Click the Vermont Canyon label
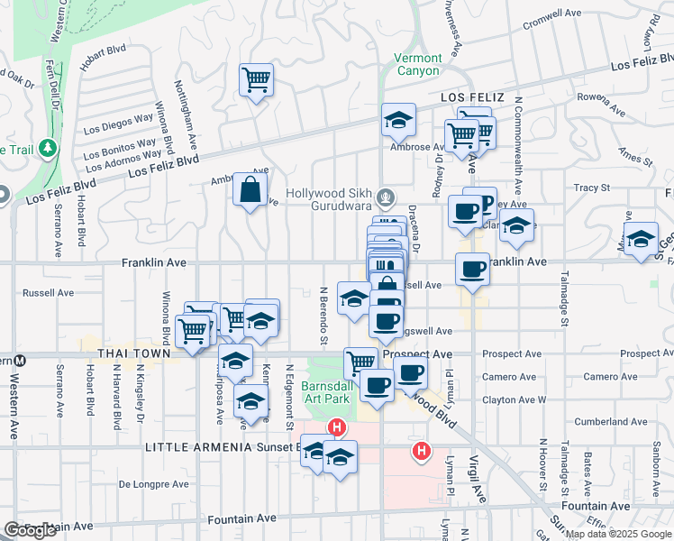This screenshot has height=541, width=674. pyautogui.click(x=418, y=65)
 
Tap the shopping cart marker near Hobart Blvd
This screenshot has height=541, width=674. pyautogui.click(x=257, y=80)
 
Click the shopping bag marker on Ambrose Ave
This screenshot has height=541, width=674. pyautogui.click(x=250, y=190)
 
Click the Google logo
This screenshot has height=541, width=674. pyautogui.click(x=31, y=530)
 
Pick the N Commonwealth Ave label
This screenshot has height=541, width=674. pyautogui.click(x=518, y=150)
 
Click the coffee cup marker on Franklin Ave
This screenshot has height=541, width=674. pyautogui.click(x=471, y=269)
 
